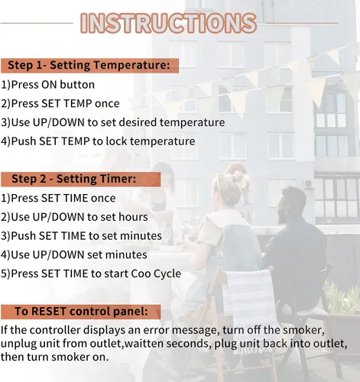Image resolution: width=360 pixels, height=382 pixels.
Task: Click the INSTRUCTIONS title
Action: click(x=168, y=23)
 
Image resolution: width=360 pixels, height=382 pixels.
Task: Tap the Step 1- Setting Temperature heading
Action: click(x=89, y=65)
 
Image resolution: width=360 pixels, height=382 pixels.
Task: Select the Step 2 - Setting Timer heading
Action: click(x=74, y=179)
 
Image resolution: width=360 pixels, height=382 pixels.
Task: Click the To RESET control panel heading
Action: click(x=81, y=311)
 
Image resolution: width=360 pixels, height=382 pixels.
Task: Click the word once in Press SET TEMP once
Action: click(x=107, y=104)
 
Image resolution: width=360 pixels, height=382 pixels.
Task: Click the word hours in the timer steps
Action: click(x=133, y=217)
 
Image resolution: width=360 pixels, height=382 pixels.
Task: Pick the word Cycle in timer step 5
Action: click(x=167, y=274)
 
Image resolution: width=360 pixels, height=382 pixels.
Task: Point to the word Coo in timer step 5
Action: click(x=141, y=274)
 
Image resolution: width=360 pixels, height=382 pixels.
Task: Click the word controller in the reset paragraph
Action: click(x=55, y=330)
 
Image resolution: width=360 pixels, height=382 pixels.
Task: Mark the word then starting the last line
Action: click(x=12, y=357)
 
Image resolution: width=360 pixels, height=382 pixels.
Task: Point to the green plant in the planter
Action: click(x=342, y=298)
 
